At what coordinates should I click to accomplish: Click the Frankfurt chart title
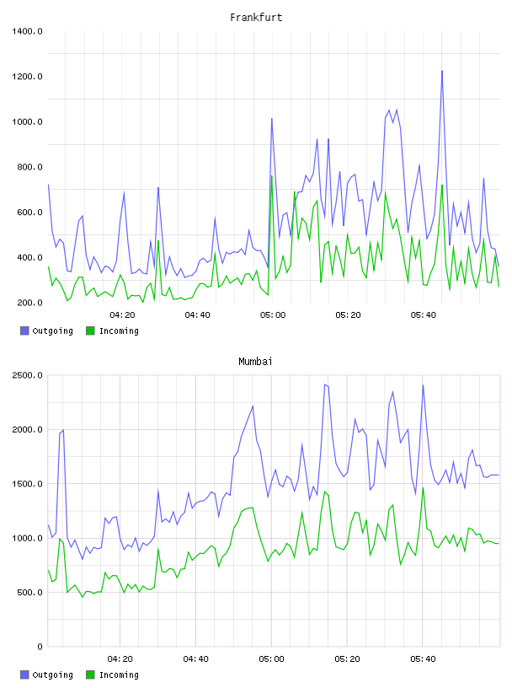pyautogui.click(x=256, y=18)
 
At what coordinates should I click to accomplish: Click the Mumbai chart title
pyautogui.click(x=255, y=362)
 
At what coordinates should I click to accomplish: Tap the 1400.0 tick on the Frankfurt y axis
pyautogui.click(x=27, y=31)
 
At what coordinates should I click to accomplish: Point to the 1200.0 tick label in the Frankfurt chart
pyautogui.click(x=27, y=77)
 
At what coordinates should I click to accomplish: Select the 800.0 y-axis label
pyautogui.click(x=29, y=167)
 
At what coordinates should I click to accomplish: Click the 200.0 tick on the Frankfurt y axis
pyautogui.click(x=29, y=303)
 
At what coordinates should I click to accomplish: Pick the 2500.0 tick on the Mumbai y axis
pyautogui.click(x=27, y=375)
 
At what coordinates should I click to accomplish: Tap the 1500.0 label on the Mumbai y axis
pyautogui.click(x=27, y=484)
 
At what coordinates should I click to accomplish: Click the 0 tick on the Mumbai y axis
pyautogui.click(x=40, y=647)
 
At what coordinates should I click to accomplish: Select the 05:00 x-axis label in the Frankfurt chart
pyautogui.click(x=273, y=315)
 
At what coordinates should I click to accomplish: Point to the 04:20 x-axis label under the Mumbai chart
pyautogui.click(x=120, y=659)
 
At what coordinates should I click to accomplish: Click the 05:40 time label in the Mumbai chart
pyautogui.click(x=423, y=659)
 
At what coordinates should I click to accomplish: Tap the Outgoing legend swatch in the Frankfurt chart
pyautogui.click(x=24, y=331)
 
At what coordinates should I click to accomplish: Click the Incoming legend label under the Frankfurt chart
pyautogui.click(x=119, y=331)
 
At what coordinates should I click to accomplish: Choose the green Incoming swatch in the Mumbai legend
pyautogui.click(x=90, y=675)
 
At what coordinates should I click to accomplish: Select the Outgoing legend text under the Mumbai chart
pyautogui.click(x=52, y=675)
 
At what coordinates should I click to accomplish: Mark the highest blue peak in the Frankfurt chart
pyautogui.click(x=442, y=71)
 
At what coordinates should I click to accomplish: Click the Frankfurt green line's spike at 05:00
pyautogui.click(x=272, y=176)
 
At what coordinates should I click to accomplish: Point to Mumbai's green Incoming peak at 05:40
pyautogui.click(x=423, y=488)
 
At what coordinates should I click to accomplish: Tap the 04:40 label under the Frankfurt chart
pyautogui.click(x=197, y=315)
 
